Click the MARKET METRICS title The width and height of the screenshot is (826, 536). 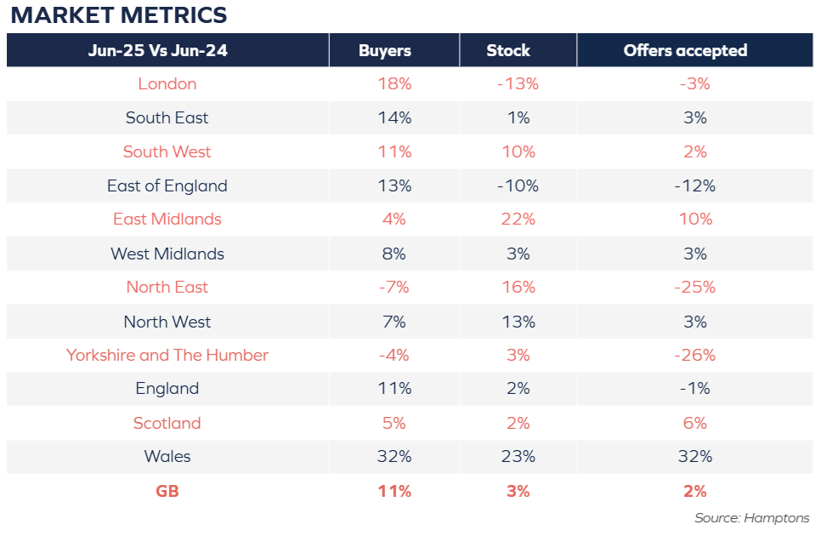tap(119, 14)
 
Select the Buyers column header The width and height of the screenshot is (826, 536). tap(385, 51)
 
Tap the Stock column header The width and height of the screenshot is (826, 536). tap(508, 51)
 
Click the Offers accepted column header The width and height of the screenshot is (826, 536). tap(685, 51)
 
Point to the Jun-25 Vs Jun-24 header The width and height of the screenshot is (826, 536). tap(158, 51)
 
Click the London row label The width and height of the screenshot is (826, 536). tap(167, 84)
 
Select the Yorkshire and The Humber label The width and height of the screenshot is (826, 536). tap(167, 355)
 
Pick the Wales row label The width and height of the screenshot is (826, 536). tap(167, 456)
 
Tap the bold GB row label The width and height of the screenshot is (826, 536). tap(167, 491)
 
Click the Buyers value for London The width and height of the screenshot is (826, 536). tap(394, 84)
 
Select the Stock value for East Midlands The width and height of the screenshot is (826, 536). tap(518, 219)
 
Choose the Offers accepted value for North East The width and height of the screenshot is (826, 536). tap(695, 287)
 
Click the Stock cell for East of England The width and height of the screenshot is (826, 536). tap(518, 185)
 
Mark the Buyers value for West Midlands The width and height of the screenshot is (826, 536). tap(394, 254)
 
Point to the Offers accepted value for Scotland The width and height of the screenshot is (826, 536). tap(695, 423)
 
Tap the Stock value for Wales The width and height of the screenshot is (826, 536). tap(518, 456)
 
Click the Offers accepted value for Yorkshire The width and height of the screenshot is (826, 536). tap(695, 355)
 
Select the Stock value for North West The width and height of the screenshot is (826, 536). tap(518, 322)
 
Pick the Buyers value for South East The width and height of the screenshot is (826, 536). tap(394, 117)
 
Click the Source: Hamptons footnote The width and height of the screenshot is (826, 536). tap(752, 518)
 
